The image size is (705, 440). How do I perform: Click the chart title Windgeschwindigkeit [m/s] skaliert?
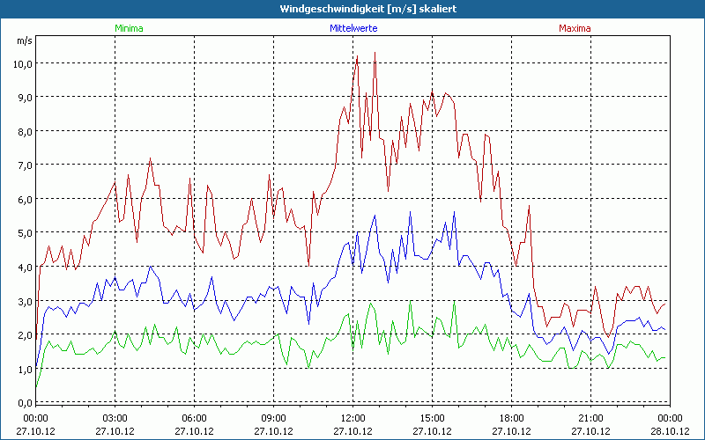point(352,9)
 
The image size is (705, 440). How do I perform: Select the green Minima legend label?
point(129,28)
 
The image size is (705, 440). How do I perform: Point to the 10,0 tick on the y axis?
point(22,63)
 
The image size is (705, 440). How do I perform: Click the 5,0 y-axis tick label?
point(22,233)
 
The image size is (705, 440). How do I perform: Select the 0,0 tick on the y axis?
point(22,402)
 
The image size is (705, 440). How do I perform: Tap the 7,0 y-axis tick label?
point(22,165)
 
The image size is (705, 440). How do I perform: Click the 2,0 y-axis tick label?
point(22,335)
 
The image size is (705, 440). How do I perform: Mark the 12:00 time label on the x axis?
point(352,418)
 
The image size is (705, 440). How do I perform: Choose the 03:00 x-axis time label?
point(115,418)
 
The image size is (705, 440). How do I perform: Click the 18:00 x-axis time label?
point(511,418)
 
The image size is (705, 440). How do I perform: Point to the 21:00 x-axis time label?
point(590,418)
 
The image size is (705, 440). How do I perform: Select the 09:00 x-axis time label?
point(273,418)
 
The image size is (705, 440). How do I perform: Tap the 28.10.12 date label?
point(670,431)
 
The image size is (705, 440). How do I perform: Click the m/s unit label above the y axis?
point(24,40)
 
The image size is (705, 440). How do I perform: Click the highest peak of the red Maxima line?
point(375,53)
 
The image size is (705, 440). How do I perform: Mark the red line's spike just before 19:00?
point(529,206)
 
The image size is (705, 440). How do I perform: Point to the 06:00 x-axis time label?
point(194,418)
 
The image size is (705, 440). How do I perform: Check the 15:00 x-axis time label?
point(432,418)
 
